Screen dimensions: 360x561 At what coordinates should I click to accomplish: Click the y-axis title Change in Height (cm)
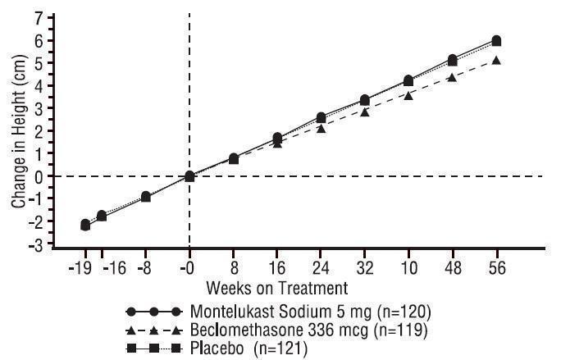click(x=17, y=131)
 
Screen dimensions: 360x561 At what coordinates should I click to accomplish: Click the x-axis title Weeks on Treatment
click(x=277, y=288)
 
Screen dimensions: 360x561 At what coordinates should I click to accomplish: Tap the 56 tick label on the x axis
click(x=496, y=267)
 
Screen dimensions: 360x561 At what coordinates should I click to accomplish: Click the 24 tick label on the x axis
click(x=321, y=267)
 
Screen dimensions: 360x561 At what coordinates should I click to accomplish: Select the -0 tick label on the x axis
click(x=189, y=267)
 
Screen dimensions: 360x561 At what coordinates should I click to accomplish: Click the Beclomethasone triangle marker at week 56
click(x=496, y=61)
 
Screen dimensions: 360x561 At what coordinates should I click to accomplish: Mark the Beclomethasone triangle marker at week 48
click(x=452, y=77)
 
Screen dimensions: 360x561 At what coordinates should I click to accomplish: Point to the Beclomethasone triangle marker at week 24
click(x=321, y=129)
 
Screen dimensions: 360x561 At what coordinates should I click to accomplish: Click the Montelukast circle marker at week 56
click(x=496, y=40)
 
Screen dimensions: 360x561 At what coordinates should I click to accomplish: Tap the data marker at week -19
click(x=85, y=224)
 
